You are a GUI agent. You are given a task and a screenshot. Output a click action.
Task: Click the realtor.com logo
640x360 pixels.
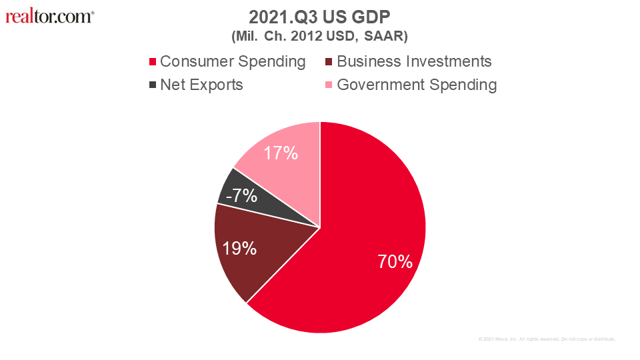click(50, 16)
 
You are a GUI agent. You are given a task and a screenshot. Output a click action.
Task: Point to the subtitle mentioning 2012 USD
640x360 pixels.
click(319, 34)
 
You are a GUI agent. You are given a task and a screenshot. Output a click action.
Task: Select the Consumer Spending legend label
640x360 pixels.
click(233, 62)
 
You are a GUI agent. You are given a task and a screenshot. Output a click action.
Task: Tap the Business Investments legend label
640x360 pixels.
click(414, 62)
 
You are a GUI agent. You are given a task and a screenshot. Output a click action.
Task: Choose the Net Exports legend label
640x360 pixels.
click(201, 85)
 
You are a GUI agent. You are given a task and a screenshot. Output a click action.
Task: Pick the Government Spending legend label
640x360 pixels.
click(417, 85)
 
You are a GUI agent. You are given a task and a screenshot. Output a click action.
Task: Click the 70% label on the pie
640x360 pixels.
click(395, 262)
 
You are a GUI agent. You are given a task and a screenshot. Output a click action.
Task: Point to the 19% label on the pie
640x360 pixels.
click(239, 249)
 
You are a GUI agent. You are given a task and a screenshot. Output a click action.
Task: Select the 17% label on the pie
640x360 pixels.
click(281, 153)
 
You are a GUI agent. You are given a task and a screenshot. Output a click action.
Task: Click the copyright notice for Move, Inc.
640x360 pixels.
click(547, 339)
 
